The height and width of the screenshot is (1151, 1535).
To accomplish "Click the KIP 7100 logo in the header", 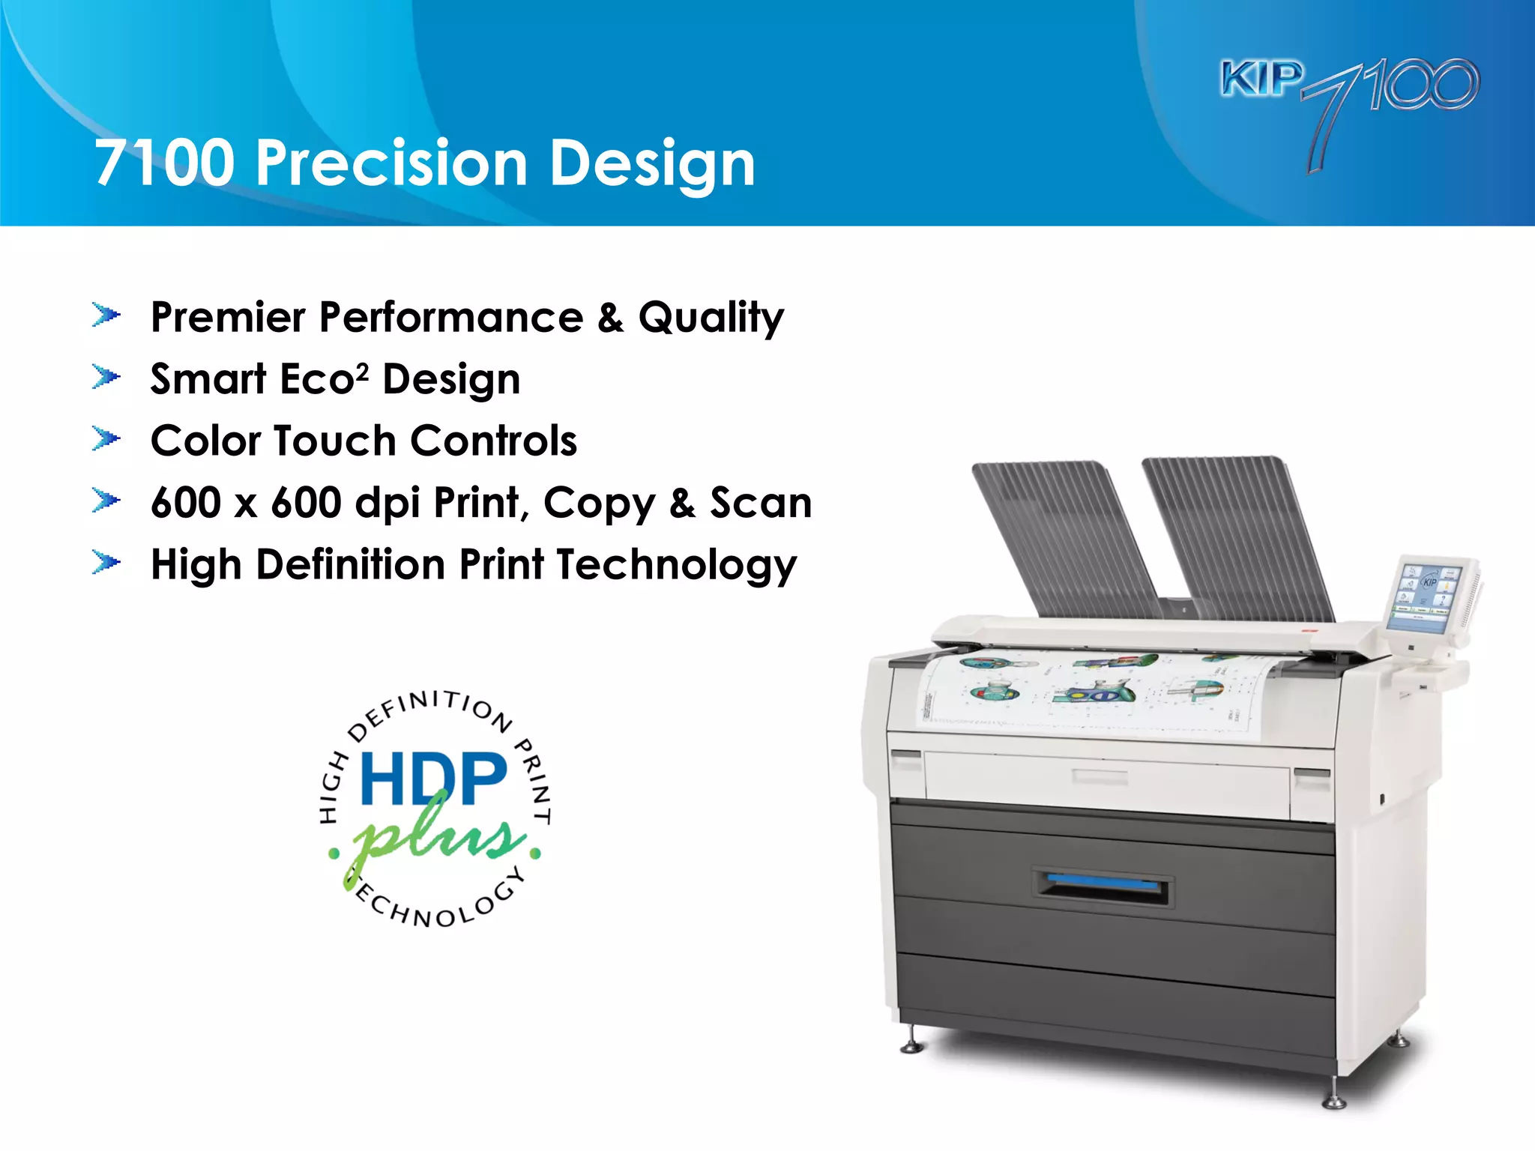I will click(x=1349, y=97).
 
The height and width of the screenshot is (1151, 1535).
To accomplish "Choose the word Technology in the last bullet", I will click(x=677, y=565).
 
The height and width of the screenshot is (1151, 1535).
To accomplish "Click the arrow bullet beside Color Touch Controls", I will click(x=106, y=439).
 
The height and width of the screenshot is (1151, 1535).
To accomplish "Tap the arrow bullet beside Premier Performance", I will click(x=106, y=315).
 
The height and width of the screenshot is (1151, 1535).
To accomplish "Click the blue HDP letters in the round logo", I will click(x=434, y=779).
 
